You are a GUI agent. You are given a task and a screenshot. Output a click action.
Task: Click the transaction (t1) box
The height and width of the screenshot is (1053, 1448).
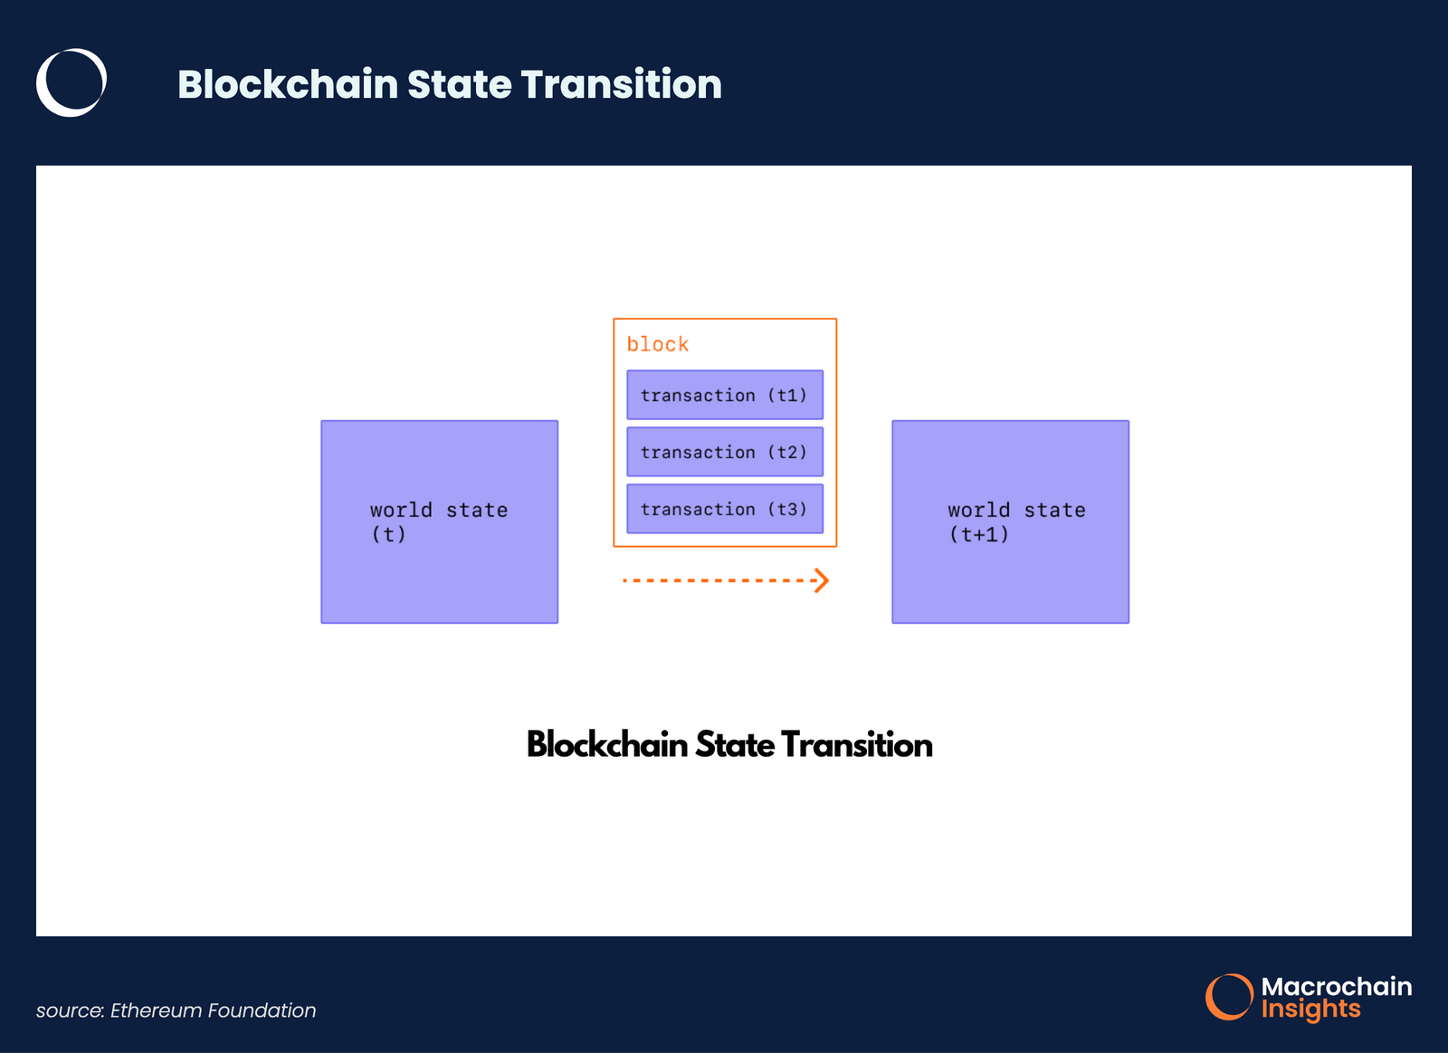[x=724, y=395]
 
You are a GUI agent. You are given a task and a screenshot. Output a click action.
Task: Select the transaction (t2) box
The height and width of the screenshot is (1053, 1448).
[x=724, y=452]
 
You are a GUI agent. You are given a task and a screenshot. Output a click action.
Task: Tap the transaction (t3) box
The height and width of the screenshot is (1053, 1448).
[x=724, y=509]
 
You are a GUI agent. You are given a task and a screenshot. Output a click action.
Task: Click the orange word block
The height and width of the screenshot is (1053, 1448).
[x=658, y=344]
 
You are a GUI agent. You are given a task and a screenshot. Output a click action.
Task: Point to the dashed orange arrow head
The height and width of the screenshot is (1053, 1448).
[x=822, y=580]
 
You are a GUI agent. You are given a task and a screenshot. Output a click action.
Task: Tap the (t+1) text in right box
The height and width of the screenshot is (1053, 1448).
[x=978, y=534]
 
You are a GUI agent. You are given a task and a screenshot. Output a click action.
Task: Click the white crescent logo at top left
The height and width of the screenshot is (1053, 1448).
[x=71, y=82]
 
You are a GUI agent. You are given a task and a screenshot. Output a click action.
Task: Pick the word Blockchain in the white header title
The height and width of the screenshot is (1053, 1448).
[x=288, y=84]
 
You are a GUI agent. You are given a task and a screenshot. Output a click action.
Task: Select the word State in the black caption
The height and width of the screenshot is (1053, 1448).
[x=734, y=745]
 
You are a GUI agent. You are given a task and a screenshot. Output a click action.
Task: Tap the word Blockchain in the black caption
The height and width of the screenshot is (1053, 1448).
[x=607, y=745]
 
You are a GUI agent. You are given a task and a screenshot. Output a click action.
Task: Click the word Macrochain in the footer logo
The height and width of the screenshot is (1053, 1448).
[x=1336, y=986]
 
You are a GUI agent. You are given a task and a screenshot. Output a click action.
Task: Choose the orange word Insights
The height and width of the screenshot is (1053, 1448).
[x=1310, y=1009]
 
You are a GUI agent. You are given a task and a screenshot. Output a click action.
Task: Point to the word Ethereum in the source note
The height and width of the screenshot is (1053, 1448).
[x=156, y=1010]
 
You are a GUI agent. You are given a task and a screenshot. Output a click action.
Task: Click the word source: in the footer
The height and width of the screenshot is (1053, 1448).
[x=71, y=1010]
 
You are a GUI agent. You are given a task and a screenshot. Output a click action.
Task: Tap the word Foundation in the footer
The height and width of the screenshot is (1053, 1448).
[x=262, y=1010]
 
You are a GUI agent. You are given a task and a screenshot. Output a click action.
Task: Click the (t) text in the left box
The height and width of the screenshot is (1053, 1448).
[x=388, y=534]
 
